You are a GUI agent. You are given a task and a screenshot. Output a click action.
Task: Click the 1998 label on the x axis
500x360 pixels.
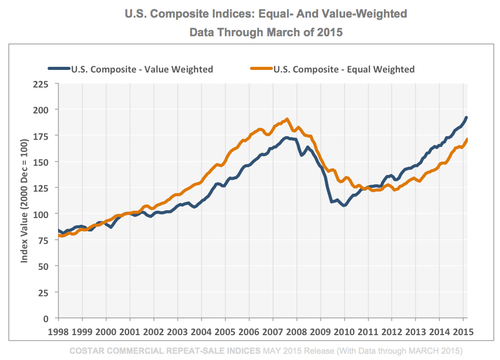(x=59, y=331)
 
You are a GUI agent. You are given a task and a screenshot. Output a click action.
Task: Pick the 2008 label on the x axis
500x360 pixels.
(x=296, y=331)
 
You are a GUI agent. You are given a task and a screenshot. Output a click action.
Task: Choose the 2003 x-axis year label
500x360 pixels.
(x=177, y=331)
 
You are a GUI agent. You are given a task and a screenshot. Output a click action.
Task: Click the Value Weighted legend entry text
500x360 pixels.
(x=142, y=69)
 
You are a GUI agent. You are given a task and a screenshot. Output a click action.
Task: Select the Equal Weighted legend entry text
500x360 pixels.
(x=344, y=69)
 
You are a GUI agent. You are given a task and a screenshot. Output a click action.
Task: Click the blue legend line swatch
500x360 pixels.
(x=59, y=68)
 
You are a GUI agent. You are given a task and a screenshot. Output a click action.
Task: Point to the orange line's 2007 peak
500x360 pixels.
(x=287, y=119)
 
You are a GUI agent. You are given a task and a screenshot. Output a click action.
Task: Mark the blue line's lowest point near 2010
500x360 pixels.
(x=344, y=206)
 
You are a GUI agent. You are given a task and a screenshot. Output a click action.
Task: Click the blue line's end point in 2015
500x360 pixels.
(x=466, y=118)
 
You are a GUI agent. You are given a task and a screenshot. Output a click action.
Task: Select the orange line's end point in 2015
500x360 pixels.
(x=467, y=139)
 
